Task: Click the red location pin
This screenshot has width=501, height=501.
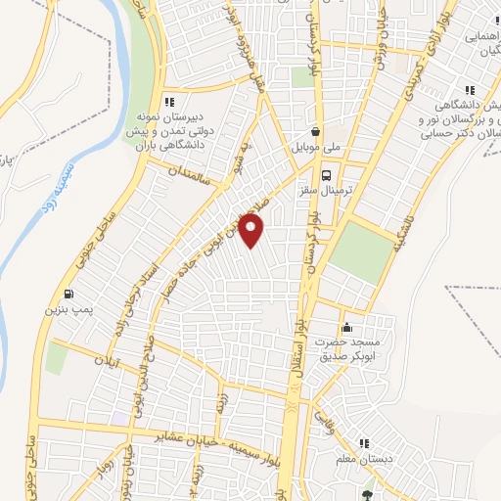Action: (x=251, y=231)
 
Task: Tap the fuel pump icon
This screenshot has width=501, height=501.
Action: (x=67, y=294)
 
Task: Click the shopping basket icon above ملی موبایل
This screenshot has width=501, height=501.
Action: (x=315, y=131)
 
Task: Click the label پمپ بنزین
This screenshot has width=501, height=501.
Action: (x=65, y=309)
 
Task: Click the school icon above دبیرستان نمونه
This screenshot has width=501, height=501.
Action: (x=169, y=101)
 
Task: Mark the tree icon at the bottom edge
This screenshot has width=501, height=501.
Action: (x=368, y=494)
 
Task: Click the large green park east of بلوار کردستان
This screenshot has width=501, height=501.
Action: (x=362, y=251)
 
